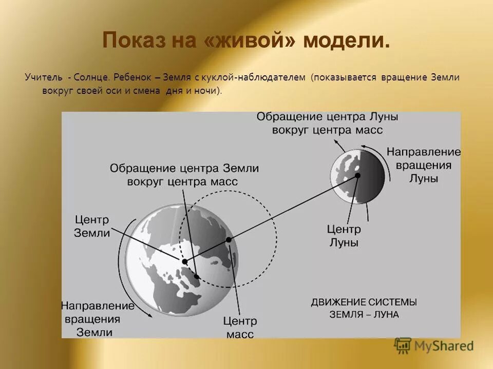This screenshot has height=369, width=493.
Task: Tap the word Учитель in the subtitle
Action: tap(42, 77)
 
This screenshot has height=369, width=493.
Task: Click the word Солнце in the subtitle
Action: tap(91, 77)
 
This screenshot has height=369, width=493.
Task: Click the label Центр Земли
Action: tap(92, 226)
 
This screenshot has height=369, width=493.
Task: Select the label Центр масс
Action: tap(239, 327)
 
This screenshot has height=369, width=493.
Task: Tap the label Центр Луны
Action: tap(344, 236)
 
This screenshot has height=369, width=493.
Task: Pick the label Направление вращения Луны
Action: tap(424, 165)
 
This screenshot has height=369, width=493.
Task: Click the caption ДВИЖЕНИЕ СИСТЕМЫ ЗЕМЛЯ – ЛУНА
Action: tap(364, 308)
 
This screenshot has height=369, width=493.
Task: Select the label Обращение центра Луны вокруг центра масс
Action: tap(327, 123)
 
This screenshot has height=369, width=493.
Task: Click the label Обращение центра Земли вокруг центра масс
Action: tap(184, 175)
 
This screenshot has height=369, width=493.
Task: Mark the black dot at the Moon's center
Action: tap(357, 175)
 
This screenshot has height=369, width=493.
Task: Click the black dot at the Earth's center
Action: tap(185, 261)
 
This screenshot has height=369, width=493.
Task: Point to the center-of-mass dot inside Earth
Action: tap(196, 277)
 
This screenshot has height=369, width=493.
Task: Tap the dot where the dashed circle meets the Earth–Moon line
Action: tap(229, 239)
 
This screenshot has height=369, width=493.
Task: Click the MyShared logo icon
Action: tap(403, 345)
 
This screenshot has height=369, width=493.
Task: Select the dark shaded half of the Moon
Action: tap(372, 174)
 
